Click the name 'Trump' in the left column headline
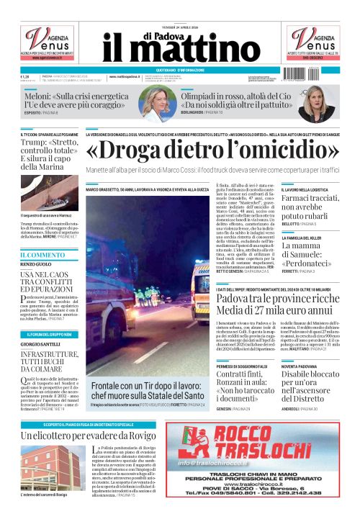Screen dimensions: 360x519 click(37, 144)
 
